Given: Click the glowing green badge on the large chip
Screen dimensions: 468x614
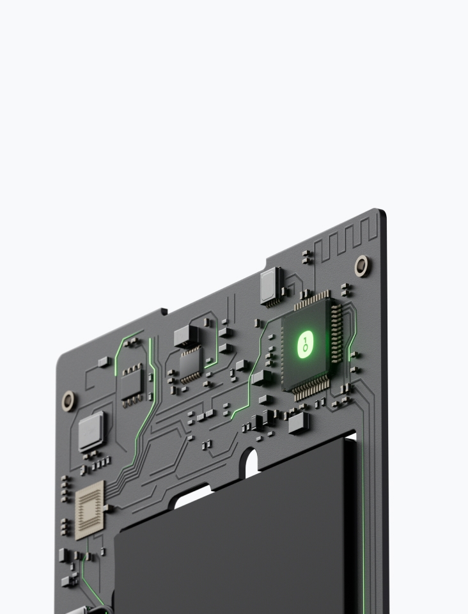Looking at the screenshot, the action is pos(306,345).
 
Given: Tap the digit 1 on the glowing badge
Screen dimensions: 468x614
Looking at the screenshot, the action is pos(305,340).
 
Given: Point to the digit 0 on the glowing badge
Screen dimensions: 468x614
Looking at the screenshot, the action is pos(306,349).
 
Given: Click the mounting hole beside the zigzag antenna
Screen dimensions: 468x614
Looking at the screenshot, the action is pos(363,266).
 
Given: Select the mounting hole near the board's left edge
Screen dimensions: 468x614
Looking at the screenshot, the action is pos(68,400).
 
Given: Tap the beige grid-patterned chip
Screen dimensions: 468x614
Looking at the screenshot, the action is pos(90,510).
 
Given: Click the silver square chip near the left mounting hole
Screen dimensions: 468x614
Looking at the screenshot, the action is pos(91,431).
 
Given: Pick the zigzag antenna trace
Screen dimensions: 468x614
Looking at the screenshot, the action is pos(346,239).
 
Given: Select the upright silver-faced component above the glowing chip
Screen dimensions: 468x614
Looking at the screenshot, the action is pos(272,286).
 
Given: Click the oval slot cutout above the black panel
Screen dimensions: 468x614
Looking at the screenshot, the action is pos(251,463).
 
